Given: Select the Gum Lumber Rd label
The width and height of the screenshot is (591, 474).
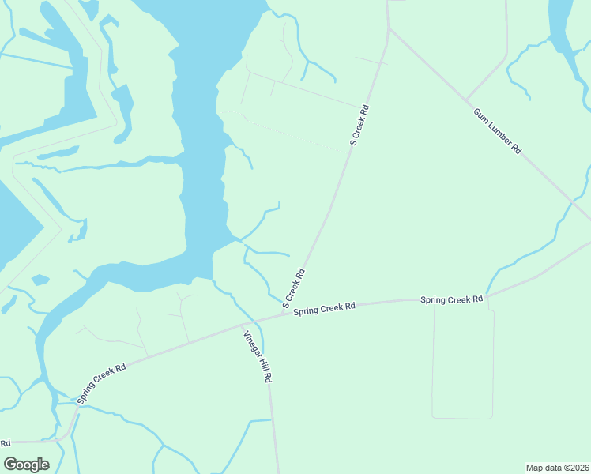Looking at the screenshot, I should (x=497, y=131).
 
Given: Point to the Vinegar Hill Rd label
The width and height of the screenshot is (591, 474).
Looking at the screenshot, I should (x=258, y=356).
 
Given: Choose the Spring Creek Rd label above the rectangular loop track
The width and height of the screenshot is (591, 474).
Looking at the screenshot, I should (x=451, y=299).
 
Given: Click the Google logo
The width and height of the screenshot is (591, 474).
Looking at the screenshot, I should (x=26, y=465).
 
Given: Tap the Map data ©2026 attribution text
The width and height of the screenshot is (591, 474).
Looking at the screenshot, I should (x=557, y=468).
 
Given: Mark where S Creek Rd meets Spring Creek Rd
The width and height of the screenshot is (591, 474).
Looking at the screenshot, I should (x=283, y=315).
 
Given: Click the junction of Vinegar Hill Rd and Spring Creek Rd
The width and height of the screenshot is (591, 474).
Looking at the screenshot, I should (x=242, y=325).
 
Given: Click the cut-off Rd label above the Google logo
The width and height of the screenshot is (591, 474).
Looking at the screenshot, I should (x=6, y=442).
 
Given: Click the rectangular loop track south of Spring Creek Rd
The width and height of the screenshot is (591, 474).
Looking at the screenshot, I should (x=463, y=417).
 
